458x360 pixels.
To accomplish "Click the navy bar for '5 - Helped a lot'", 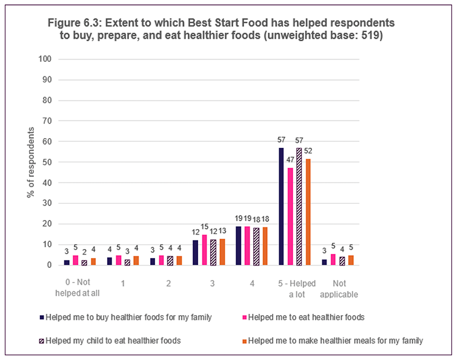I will (281, 206).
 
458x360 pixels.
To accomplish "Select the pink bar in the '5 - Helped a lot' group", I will (290, 216).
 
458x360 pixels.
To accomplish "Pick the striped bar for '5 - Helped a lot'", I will (299, 206).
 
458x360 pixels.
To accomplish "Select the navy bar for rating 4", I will (238, 245).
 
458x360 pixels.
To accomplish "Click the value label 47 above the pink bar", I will (291, 161).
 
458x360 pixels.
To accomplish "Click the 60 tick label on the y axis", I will (47, 142).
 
